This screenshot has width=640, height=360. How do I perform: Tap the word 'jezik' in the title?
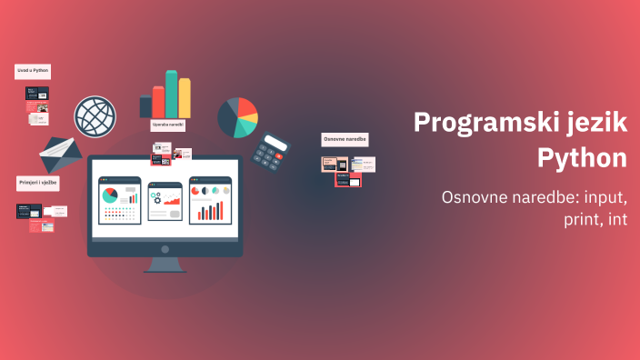coord(590,124)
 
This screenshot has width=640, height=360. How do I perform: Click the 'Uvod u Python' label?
coord(33,70)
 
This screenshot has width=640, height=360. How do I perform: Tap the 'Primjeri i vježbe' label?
coord(38,184)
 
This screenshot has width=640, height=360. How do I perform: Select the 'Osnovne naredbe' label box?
coord(345,139)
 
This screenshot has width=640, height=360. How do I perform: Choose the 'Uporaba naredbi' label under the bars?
coord(167,125)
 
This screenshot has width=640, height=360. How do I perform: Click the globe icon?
coord(95,116)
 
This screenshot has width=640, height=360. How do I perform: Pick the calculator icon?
coord(270,152)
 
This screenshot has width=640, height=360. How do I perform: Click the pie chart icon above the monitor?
coord(237,116)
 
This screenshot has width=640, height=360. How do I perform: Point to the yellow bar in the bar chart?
coord(185,98)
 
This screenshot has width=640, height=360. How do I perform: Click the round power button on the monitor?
coord(165,248)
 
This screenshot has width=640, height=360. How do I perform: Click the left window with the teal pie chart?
coord(119,200)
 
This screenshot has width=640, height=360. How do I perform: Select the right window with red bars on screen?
coord(210,200)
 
